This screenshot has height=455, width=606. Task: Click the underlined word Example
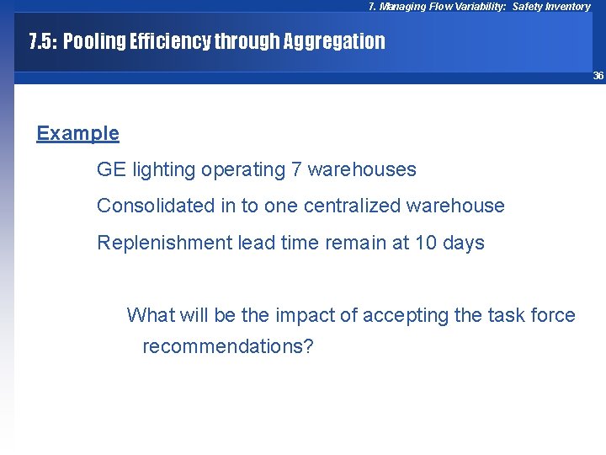pyautogui.click(x=77, y=133)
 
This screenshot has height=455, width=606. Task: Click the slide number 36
pyautogui.click(x=598, y=76)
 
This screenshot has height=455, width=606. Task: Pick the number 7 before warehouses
pyautogui.click(x=296, y=169)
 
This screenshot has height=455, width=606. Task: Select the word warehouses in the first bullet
pyautogui.click(x=362, y=169)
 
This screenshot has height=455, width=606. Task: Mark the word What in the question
pyautogui.click(x=148, y=315)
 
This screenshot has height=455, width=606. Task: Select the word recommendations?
pyautogui.click(x=227, y=346)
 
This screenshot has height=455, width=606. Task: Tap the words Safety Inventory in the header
pyautogui.click(x=551, y=7)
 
